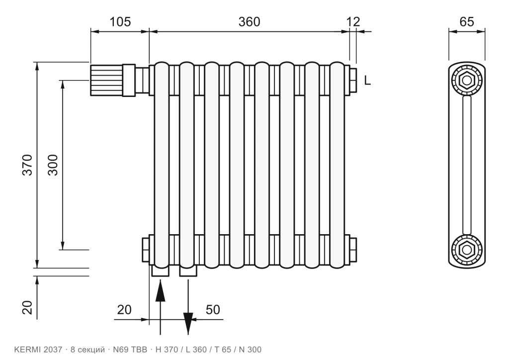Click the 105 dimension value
[120, 22]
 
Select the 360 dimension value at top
[250, 22]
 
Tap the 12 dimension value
[353, 22]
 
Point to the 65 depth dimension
[467, 22]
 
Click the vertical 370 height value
[28, 165]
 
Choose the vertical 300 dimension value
[53, 165]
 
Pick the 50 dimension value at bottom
[213, 310]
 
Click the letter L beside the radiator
[367, 80]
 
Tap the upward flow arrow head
[160, 291]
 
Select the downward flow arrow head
[188, 323]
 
